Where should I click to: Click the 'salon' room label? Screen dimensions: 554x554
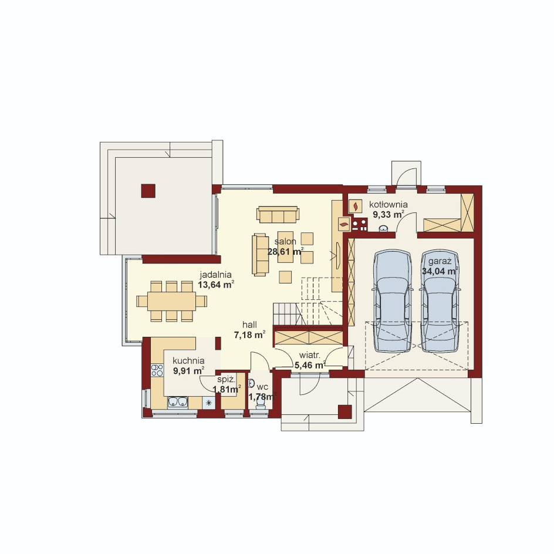[285, 242]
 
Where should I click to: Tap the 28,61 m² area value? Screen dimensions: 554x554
[285, 252]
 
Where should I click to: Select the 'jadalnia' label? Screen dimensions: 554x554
[215, 275]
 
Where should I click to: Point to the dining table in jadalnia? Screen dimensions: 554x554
[172, 301]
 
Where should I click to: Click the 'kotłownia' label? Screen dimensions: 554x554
[389, 205]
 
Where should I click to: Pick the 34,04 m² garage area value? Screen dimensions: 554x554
[440, 271]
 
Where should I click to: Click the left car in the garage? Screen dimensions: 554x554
[393, 300]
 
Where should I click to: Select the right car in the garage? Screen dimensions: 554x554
[440, 300]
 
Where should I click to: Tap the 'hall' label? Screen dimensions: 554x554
[249, 325]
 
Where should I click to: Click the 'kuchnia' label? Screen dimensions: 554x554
[188, 361]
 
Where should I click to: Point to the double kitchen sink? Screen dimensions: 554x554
[178, 402]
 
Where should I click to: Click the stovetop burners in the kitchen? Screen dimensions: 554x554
[157, 370]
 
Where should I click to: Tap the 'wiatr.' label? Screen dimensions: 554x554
[309, 355]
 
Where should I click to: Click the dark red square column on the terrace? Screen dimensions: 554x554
[148, 191]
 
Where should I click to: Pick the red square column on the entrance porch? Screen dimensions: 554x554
[345, 411]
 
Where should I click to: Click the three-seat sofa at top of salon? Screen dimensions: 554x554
[278, 214]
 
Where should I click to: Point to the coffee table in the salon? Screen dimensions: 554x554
[285, 247]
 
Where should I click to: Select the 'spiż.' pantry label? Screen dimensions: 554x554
[226, 380]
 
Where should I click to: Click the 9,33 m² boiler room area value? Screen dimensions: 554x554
[389, 214]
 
